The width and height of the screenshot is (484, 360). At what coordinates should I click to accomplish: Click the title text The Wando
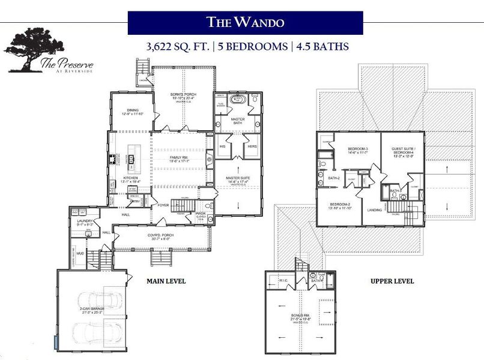click(245, 23)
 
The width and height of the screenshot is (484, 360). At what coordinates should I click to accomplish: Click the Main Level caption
click(166, 281)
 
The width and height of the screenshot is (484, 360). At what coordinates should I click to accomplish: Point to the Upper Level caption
click(392, 281)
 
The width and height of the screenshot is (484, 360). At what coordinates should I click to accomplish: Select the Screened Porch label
click(184, 97)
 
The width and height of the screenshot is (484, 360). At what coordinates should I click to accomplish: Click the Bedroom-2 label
click(339, 206)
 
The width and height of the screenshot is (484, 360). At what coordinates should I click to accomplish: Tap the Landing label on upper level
click(375, 210)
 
